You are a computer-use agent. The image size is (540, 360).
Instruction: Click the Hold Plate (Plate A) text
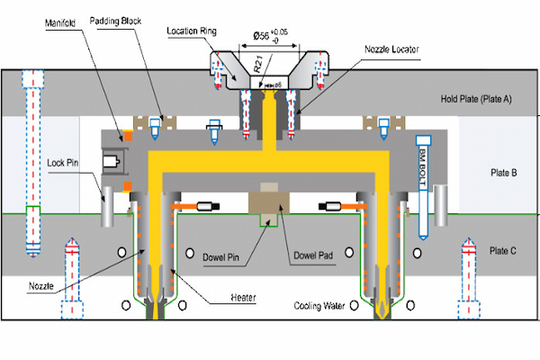tap(474, 99)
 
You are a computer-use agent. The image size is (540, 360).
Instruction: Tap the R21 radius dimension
tap(256, 66)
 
